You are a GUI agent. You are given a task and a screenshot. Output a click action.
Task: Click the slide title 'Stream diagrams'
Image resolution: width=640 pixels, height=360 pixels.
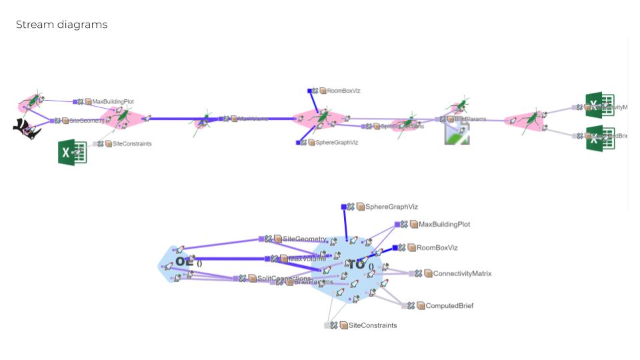click(x=61, y=25)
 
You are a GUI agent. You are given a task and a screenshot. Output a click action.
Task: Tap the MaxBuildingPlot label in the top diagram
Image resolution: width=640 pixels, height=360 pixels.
click(x=113, y=102)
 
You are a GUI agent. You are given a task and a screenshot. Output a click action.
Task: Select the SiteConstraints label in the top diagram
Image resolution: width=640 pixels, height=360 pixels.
click(x=131, y=143)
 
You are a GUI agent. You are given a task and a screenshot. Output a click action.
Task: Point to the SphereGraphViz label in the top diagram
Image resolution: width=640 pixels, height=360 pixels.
click(x=331, y=143)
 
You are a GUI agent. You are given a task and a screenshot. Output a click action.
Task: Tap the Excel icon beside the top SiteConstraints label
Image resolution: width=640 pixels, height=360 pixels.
click(x=72, y=153)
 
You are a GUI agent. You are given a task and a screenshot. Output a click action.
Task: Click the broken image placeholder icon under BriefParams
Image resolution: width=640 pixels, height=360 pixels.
click(x=458, y=133)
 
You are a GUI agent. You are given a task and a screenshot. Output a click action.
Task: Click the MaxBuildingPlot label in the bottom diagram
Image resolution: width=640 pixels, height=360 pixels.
click(x=444, y=225)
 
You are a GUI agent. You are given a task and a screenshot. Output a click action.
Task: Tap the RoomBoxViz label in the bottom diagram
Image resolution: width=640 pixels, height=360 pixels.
click(x=437, y=247)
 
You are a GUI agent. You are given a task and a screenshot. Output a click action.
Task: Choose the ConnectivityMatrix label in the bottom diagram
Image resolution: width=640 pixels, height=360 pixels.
click(x=462, y=273)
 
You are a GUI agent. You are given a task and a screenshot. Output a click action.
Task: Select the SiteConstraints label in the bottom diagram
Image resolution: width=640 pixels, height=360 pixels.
click(x=373, y=325)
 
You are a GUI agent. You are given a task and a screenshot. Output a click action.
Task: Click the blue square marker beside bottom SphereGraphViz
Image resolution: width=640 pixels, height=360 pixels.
click(x=343, y=207)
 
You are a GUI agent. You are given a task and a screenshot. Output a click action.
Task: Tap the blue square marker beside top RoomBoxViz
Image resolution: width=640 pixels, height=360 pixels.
click(x=310, y=91)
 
